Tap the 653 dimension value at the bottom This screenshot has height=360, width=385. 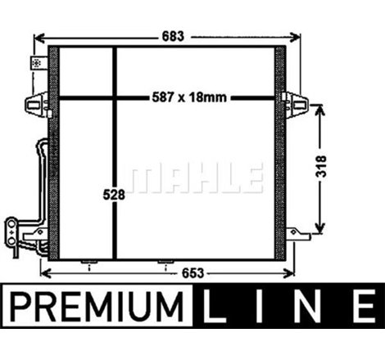169,272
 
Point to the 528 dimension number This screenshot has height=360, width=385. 115,196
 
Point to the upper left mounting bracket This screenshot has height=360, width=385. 37,103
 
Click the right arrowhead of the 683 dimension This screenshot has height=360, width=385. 297,36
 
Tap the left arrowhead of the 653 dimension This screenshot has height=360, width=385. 44,272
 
